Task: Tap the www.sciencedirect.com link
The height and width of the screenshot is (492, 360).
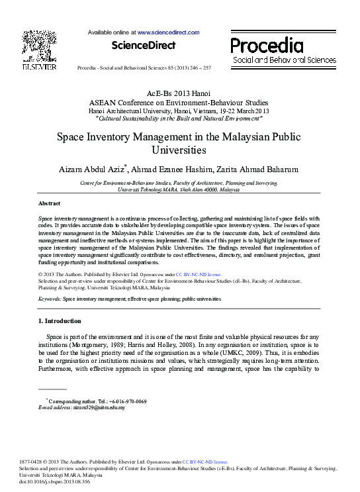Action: point(168,32)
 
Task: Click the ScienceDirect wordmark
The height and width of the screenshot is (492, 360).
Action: point(144,46)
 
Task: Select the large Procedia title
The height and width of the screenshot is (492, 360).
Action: point(267,46)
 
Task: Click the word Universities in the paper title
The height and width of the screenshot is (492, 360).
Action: point(179,150)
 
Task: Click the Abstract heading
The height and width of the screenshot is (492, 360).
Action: point(49,203)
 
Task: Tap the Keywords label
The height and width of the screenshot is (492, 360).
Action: point(50,299)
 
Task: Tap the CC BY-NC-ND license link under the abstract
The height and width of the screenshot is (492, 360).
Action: point(199,273)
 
